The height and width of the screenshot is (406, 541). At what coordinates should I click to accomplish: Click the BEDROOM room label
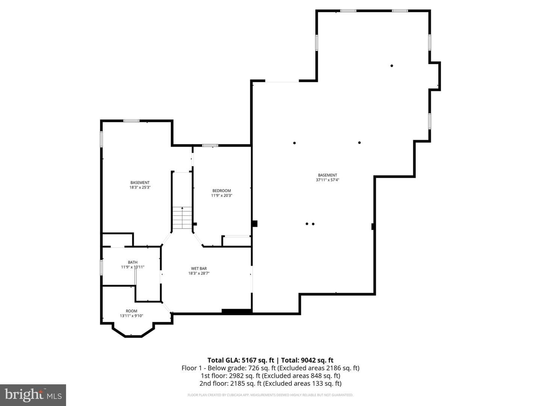point(222,191)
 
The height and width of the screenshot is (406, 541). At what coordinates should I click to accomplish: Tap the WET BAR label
point(199,268)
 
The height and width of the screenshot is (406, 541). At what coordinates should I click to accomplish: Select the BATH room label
point(133,262)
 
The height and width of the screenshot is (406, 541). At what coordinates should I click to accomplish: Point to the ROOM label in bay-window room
point(131,311)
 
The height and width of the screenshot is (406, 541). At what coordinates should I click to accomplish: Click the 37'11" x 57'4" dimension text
point(327,180)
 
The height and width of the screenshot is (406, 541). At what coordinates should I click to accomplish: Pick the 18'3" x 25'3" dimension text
point(140,187)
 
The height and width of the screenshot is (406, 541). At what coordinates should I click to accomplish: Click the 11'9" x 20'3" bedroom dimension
point(222,195)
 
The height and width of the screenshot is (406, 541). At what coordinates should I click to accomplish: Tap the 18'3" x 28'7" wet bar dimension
point(199,273)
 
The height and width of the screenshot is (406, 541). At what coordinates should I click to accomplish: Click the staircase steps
point(182,218)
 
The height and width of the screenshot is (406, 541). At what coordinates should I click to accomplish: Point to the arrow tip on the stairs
point(182,208)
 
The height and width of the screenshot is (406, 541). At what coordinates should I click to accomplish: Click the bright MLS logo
point(33,395)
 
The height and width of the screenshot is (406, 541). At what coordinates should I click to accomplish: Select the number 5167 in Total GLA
point(249,360)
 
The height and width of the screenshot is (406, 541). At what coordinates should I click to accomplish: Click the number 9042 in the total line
point(308,360)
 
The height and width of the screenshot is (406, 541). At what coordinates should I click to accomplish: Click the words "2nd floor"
point(214,383)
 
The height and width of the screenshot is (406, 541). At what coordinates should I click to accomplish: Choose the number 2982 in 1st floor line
point(237,376)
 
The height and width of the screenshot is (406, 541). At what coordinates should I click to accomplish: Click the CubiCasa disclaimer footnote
point(270,395)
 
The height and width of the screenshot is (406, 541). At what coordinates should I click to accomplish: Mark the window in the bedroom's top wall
point(210,145)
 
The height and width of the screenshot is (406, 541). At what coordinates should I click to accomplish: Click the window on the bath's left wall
point(101,267)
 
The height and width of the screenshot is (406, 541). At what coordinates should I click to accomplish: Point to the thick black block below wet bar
point(236,312)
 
